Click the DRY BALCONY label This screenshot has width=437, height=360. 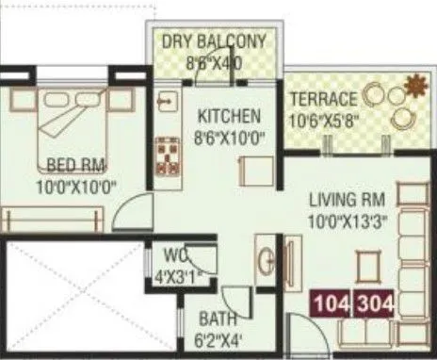[x=214, y=42]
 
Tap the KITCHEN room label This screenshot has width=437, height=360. [x=229, y=117]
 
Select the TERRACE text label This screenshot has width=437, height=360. [x=323, y=99]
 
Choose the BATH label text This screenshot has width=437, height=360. [x=218, y=319]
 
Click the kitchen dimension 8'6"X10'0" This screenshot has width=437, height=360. [x=229, y=136]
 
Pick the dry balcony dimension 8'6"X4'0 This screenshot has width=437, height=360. [x=214, y=62]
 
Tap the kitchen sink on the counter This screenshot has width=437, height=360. [x=166, y=99]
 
